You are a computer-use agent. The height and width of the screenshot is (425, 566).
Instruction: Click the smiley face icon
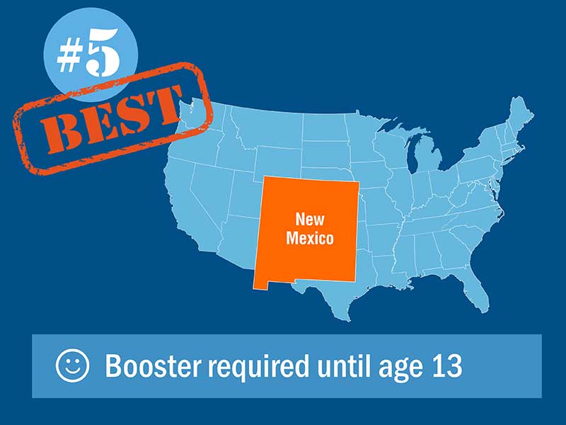point(72,365)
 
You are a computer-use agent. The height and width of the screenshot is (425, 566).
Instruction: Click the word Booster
point(152,365)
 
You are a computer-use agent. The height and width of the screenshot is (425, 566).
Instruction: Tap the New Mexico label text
point(310,229)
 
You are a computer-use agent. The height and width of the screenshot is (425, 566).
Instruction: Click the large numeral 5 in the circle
point(103,52)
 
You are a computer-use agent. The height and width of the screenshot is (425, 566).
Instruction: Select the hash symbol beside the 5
point(69,58)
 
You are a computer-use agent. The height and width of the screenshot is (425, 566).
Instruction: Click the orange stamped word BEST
point(112,119)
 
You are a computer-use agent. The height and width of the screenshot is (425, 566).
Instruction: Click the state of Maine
point(519,115)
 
